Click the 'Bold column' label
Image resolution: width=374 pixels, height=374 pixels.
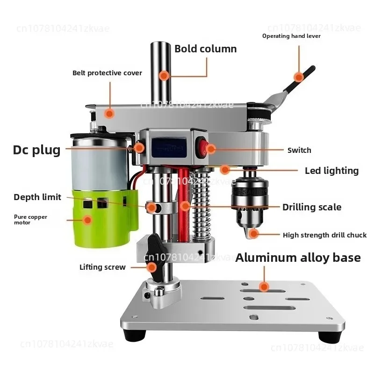point(205,49)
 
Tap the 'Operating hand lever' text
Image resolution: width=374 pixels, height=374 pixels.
point(291,36)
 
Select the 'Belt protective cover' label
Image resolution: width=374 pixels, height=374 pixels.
point(107,73)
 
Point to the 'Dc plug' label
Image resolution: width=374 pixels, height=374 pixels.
point(36,150)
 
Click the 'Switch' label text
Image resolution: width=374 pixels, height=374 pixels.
point(299,150)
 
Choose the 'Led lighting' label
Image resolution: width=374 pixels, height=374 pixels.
point(331,171)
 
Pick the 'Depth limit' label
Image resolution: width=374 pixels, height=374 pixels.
point(37,197)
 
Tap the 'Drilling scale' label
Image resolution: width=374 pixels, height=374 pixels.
point(312,207)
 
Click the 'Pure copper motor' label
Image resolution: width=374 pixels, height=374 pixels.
point(30,220)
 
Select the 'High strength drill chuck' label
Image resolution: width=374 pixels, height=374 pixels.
point(324,235)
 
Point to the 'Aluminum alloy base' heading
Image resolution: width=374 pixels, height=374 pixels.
point(298,257)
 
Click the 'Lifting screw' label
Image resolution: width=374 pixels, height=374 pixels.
point(102,267)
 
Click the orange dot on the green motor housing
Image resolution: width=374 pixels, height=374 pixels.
point(87,219)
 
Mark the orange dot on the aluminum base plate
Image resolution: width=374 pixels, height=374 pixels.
point(265,287)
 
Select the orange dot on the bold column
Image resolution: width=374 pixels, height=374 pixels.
point(163,75)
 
